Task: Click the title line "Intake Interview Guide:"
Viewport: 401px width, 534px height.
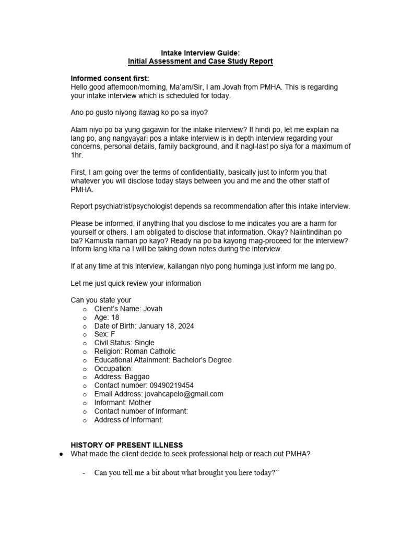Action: click(200, 52)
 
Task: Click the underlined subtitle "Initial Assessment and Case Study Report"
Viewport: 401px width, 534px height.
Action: click(200, 61)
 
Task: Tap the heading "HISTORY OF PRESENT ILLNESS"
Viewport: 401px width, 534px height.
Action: click(127, 445)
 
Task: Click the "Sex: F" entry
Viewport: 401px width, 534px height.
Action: click(104, 334)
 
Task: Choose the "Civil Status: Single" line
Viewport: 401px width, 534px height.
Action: click(124, 343)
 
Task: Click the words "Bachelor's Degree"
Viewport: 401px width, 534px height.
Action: click(201, 360)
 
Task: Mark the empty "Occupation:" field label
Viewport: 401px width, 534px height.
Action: click(113, 368)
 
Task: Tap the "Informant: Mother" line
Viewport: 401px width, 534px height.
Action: click(123, 403)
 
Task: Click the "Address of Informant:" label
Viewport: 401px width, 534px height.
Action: click(128, 419)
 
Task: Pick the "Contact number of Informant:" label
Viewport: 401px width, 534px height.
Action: click(141, 411)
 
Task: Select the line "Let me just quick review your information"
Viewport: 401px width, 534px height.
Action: click(136, 283)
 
